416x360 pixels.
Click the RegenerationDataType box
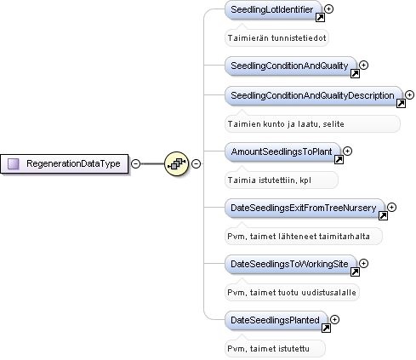tap(65, 163)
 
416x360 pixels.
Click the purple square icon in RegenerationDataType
tap(13, 163)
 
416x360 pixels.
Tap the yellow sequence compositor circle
tap(176, 163)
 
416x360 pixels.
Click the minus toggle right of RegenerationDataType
tap(135, 163)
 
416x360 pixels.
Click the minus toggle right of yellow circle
tap(196, 163)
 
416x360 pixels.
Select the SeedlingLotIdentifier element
tap(273, 9)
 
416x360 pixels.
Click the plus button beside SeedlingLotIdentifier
tap(328, 9)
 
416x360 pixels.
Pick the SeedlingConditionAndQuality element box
tap(291, 66)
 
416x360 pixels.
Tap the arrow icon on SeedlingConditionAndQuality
tap(355, 74)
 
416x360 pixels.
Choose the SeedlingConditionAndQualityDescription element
tap(314, 95)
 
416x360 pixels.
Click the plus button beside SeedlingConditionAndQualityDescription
tap(409, 94)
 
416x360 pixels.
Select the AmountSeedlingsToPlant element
tap(282, 151)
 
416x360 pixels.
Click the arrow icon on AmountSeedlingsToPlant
tap(339, 160)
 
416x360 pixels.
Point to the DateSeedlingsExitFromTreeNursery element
tap(305, 208)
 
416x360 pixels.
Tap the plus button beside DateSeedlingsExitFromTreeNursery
tap(391, 208)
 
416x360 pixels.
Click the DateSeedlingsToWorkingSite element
tap(291, 264)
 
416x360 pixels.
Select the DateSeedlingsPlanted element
tap(276, 320)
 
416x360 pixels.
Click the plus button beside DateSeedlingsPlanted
tap(335, 320)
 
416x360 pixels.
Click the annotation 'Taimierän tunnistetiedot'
tap(276, 38)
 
